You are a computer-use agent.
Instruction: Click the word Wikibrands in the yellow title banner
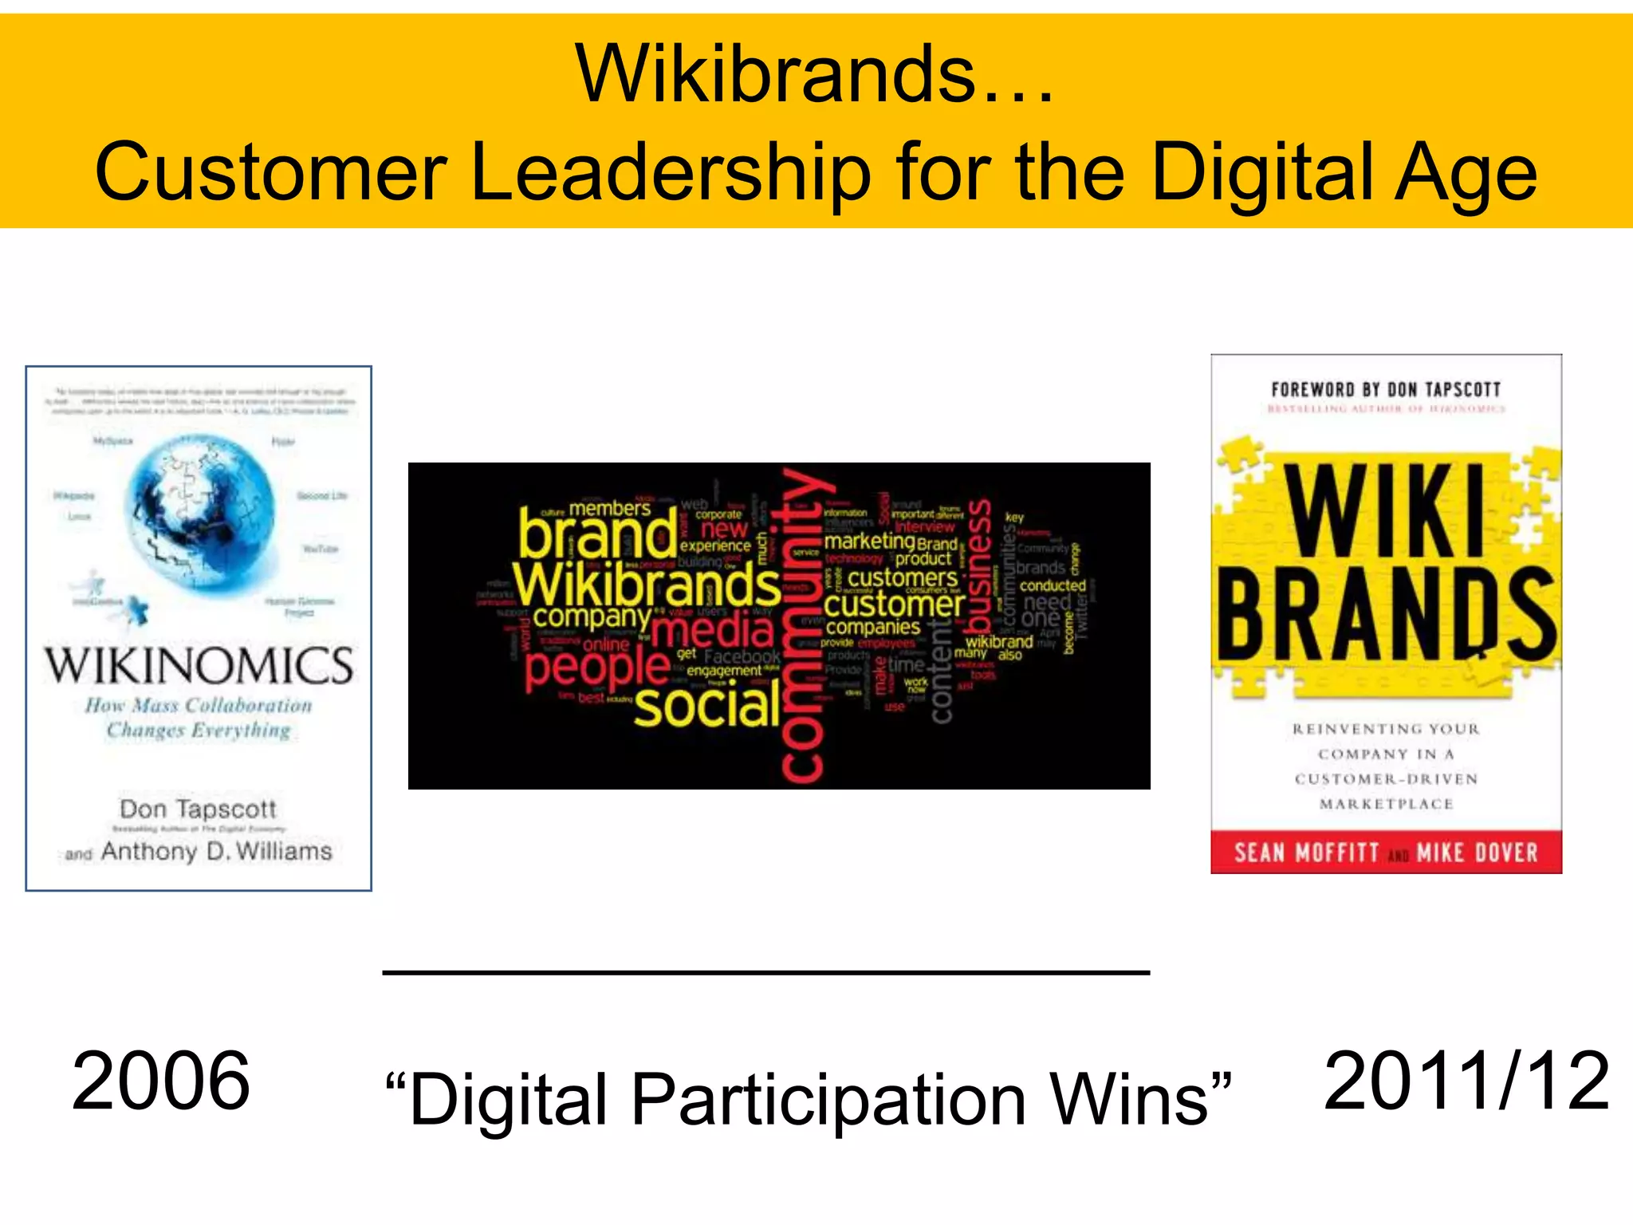[x=775, y=74]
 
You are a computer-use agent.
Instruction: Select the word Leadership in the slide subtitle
[x=671, y=172]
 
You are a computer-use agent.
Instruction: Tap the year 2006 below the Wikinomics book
[x=161, y=1081]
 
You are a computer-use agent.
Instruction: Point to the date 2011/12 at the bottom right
[x=1466, y=1081]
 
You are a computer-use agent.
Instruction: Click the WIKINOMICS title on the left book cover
[x=199, y=666]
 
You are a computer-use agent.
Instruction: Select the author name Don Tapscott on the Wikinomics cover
[x=198, y=809]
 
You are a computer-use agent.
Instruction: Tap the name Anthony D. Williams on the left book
[x=216, y=851]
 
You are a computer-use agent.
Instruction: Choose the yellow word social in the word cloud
[x=707, y=706]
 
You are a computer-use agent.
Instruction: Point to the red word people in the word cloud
[x=597, y=668]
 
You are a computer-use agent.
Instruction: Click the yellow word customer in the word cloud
[x=893, y=605]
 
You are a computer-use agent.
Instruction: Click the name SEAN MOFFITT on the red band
[x=1306, y=853]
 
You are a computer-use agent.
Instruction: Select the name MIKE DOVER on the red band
[x=1477, y=853]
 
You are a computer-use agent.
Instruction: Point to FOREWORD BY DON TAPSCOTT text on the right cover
[x=1386, y=389]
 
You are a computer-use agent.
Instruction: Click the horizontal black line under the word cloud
[x=765, y=972]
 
